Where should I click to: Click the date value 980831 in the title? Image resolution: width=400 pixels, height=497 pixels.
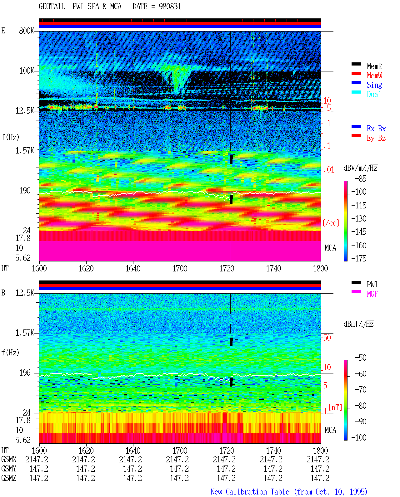click(170, 7)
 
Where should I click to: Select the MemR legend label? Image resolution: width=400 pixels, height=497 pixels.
click(374, 66)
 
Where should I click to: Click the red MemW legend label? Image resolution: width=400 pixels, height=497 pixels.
click(374, 76)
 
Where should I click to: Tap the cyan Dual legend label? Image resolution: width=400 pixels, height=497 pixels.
click(374, 94)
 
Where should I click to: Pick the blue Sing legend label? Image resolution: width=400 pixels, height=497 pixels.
click(374, 85)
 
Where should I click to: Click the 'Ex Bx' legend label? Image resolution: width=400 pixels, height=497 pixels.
click(376, 129)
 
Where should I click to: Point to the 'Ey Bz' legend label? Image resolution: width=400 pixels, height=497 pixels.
click(376, 138)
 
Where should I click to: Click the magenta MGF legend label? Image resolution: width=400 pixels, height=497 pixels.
click(372, 294)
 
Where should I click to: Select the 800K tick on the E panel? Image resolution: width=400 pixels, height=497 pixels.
click(27, 31)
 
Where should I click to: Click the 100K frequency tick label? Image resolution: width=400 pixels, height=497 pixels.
click(27, 71)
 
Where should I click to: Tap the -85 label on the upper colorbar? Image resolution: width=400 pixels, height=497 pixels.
click(361, 178)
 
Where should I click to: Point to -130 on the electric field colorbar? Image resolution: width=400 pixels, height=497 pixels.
click(359, 218)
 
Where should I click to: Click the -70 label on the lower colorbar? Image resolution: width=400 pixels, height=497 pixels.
click(361, 389)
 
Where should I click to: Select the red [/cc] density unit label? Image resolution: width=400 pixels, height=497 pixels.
click(331, 223)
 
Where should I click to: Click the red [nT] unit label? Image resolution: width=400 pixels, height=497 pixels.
click(335, 407)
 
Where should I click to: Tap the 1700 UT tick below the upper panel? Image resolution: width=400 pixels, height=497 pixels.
click(180, 268)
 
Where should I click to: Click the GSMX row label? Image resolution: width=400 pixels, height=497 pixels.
click(9, 459)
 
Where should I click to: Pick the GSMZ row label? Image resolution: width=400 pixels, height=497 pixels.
click(9, 478)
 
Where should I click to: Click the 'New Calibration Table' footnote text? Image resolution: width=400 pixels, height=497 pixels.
click(250, 492)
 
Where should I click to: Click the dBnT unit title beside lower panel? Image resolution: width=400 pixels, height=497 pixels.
click(358, 324)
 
